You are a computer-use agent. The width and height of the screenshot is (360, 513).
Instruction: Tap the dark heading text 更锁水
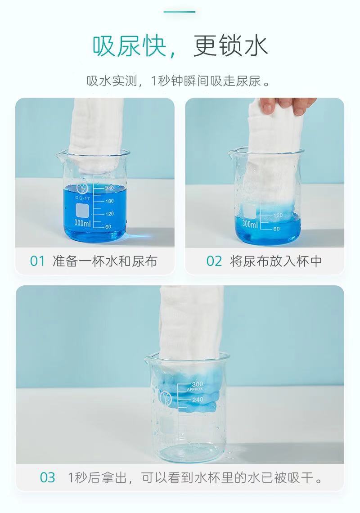click(x=231, y=46)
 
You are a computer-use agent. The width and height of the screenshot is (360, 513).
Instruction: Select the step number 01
click(x=37, y=261)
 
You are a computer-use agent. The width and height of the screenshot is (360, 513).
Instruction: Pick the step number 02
click(x=214, y=261)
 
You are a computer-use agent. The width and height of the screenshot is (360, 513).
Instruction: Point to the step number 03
click(x=47, y=477)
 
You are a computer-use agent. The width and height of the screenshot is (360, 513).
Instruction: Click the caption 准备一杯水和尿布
click(x=105, y=261)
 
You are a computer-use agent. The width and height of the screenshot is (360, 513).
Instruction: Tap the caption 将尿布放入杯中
click(x=276, y=261)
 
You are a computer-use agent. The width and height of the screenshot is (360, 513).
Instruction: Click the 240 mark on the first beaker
click(x=109, y=188)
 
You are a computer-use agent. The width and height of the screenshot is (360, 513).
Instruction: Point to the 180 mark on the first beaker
click(x=109, y=201)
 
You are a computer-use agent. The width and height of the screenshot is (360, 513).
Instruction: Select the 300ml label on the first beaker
click(x=82, y=223)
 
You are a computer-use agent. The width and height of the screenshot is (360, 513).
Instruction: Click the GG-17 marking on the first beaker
click(x=82, y=198)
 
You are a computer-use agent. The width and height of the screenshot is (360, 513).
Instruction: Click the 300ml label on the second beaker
click(x=250, y=224)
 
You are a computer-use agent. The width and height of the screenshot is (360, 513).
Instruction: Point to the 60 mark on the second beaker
click(x=277, y=229)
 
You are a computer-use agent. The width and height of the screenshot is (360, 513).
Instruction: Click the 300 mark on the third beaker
click(x=198, y=384)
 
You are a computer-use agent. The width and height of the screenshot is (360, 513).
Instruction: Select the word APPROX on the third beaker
click(x=195, y=389)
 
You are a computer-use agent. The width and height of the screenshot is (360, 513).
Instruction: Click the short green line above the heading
click(x=180, y=12)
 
